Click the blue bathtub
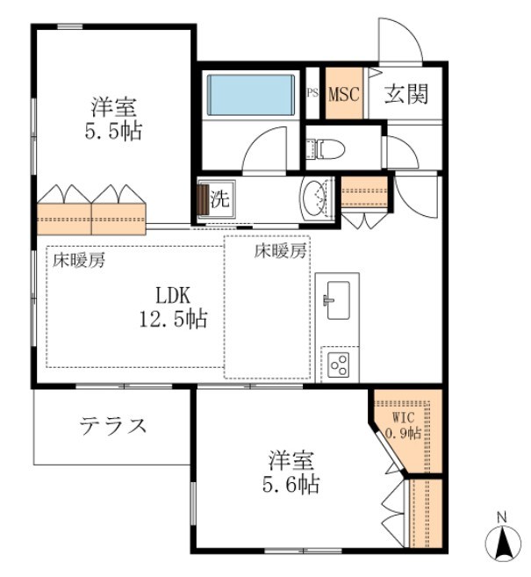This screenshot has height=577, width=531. [251, 95]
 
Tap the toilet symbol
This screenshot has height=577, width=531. [326, 149]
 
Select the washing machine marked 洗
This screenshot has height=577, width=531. [216, 199]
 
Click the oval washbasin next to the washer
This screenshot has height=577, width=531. [314, 198]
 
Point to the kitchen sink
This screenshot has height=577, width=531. [338, 299]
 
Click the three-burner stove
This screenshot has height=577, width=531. [339, 364]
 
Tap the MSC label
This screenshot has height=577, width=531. [344, 94]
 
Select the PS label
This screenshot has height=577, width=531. [312, 92]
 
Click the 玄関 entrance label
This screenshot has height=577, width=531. [406, 94]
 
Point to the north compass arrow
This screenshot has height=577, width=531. [503, 543]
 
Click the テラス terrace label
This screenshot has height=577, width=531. [113, 426]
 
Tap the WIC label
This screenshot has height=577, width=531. [404, 418]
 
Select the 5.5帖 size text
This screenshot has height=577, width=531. [113, 131]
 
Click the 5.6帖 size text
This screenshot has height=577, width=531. [291, 484]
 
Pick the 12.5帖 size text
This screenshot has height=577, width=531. [173, 318]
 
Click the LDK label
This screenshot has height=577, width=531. [173, 295]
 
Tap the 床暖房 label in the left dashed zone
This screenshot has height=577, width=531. [79, 260]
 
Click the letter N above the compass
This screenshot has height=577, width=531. [502, 517]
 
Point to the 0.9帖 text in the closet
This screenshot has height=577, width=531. [403, 432]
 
